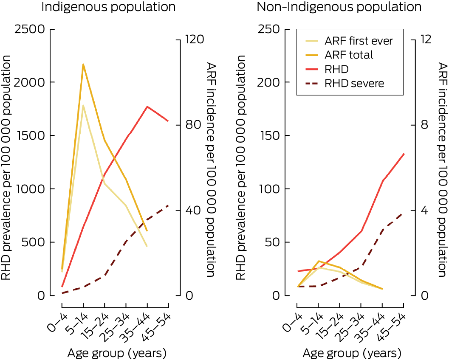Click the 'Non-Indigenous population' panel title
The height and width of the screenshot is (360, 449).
(x=339, y=7)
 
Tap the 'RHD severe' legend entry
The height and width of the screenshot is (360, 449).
(x=354, y=83)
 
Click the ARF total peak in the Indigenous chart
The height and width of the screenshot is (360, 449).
(x=83, y=64)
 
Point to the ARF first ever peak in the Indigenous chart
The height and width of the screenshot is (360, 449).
(x=83, y=105)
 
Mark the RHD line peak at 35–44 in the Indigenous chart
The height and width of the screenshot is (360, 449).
(x=147, y=107)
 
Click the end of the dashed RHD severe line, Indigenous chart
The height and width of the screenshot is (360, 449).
(x=168, y=205)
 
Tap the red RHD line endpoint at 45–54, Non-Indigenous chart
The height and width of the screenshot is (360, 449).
(x=404, y=154)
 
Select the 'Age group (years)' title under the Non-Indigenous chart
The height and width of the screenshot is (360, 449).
(x=351, y=353)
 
